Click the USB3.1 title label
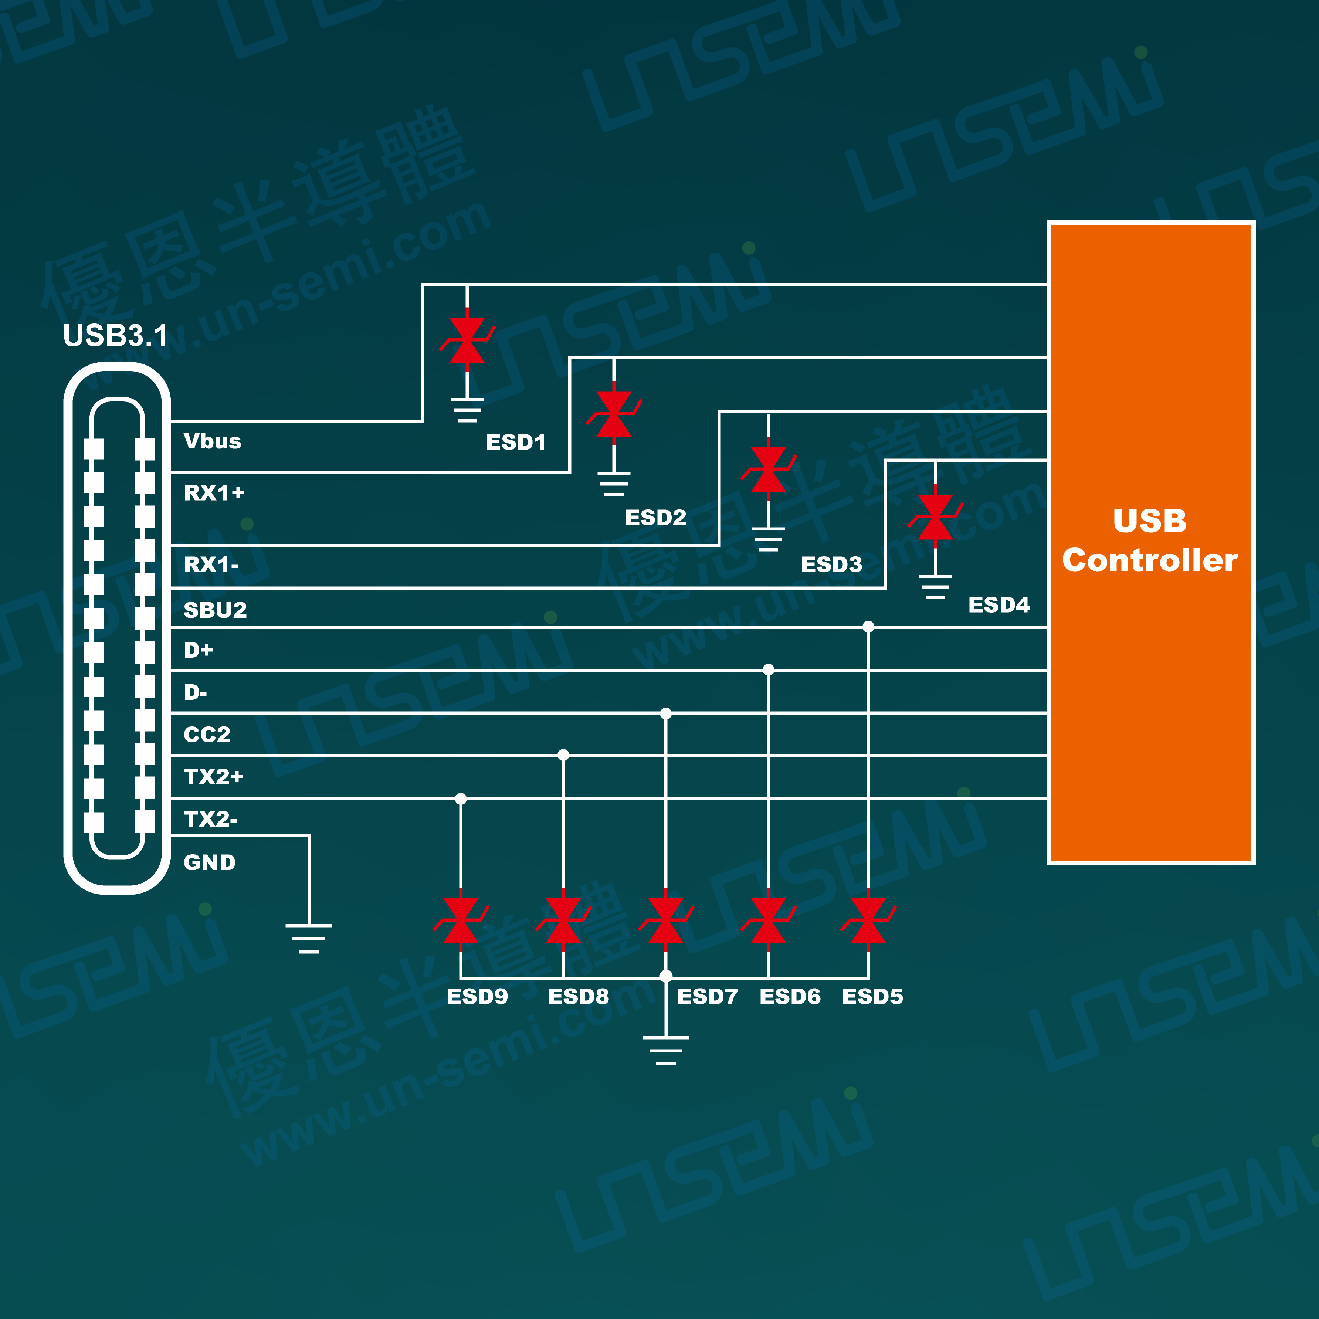tap(115, 335)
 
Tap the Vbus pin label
tap(212, 441)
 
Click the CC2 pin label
tap(207, 735)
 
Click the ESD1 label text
tap(515, 443)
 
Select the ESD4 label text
tap(998, 605)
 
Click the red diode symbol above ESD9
tap(461, 920)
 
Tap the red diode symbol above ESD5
tap(868, 920)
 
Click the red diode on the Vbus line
tap(467, 340)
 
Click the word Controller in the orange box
tap(1150, 560)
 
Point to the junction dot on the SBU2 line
tap(868, 627)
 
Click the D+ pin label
tap(198, 650)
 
